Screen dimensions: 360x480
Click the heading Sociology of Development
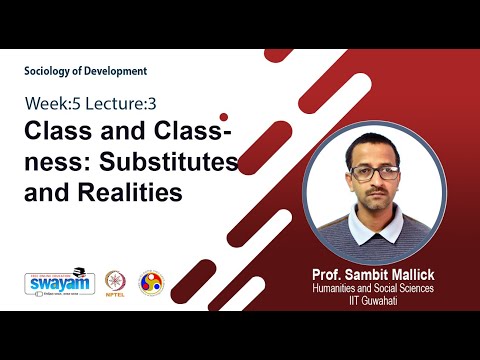click(85, 71)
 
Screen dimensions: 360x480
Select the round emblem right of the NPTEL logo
click(151, 282)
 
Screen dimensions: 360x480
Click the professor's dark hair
click(374, 146)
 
